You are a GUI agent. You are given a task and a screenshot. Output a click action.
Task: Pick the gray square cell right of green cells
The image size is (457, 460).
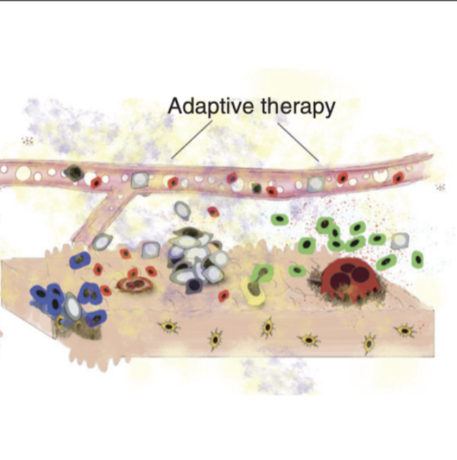401,240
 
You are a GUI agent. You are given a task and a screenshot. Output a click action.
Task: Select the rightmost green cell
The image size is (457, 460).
418,259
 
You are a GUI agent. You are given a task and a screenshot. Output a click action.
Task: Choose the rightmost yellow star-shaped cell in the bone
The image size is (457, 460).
405,331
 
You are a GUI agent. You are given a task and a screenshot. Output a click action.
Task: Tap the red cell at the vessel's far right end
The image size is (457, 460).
398,177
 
